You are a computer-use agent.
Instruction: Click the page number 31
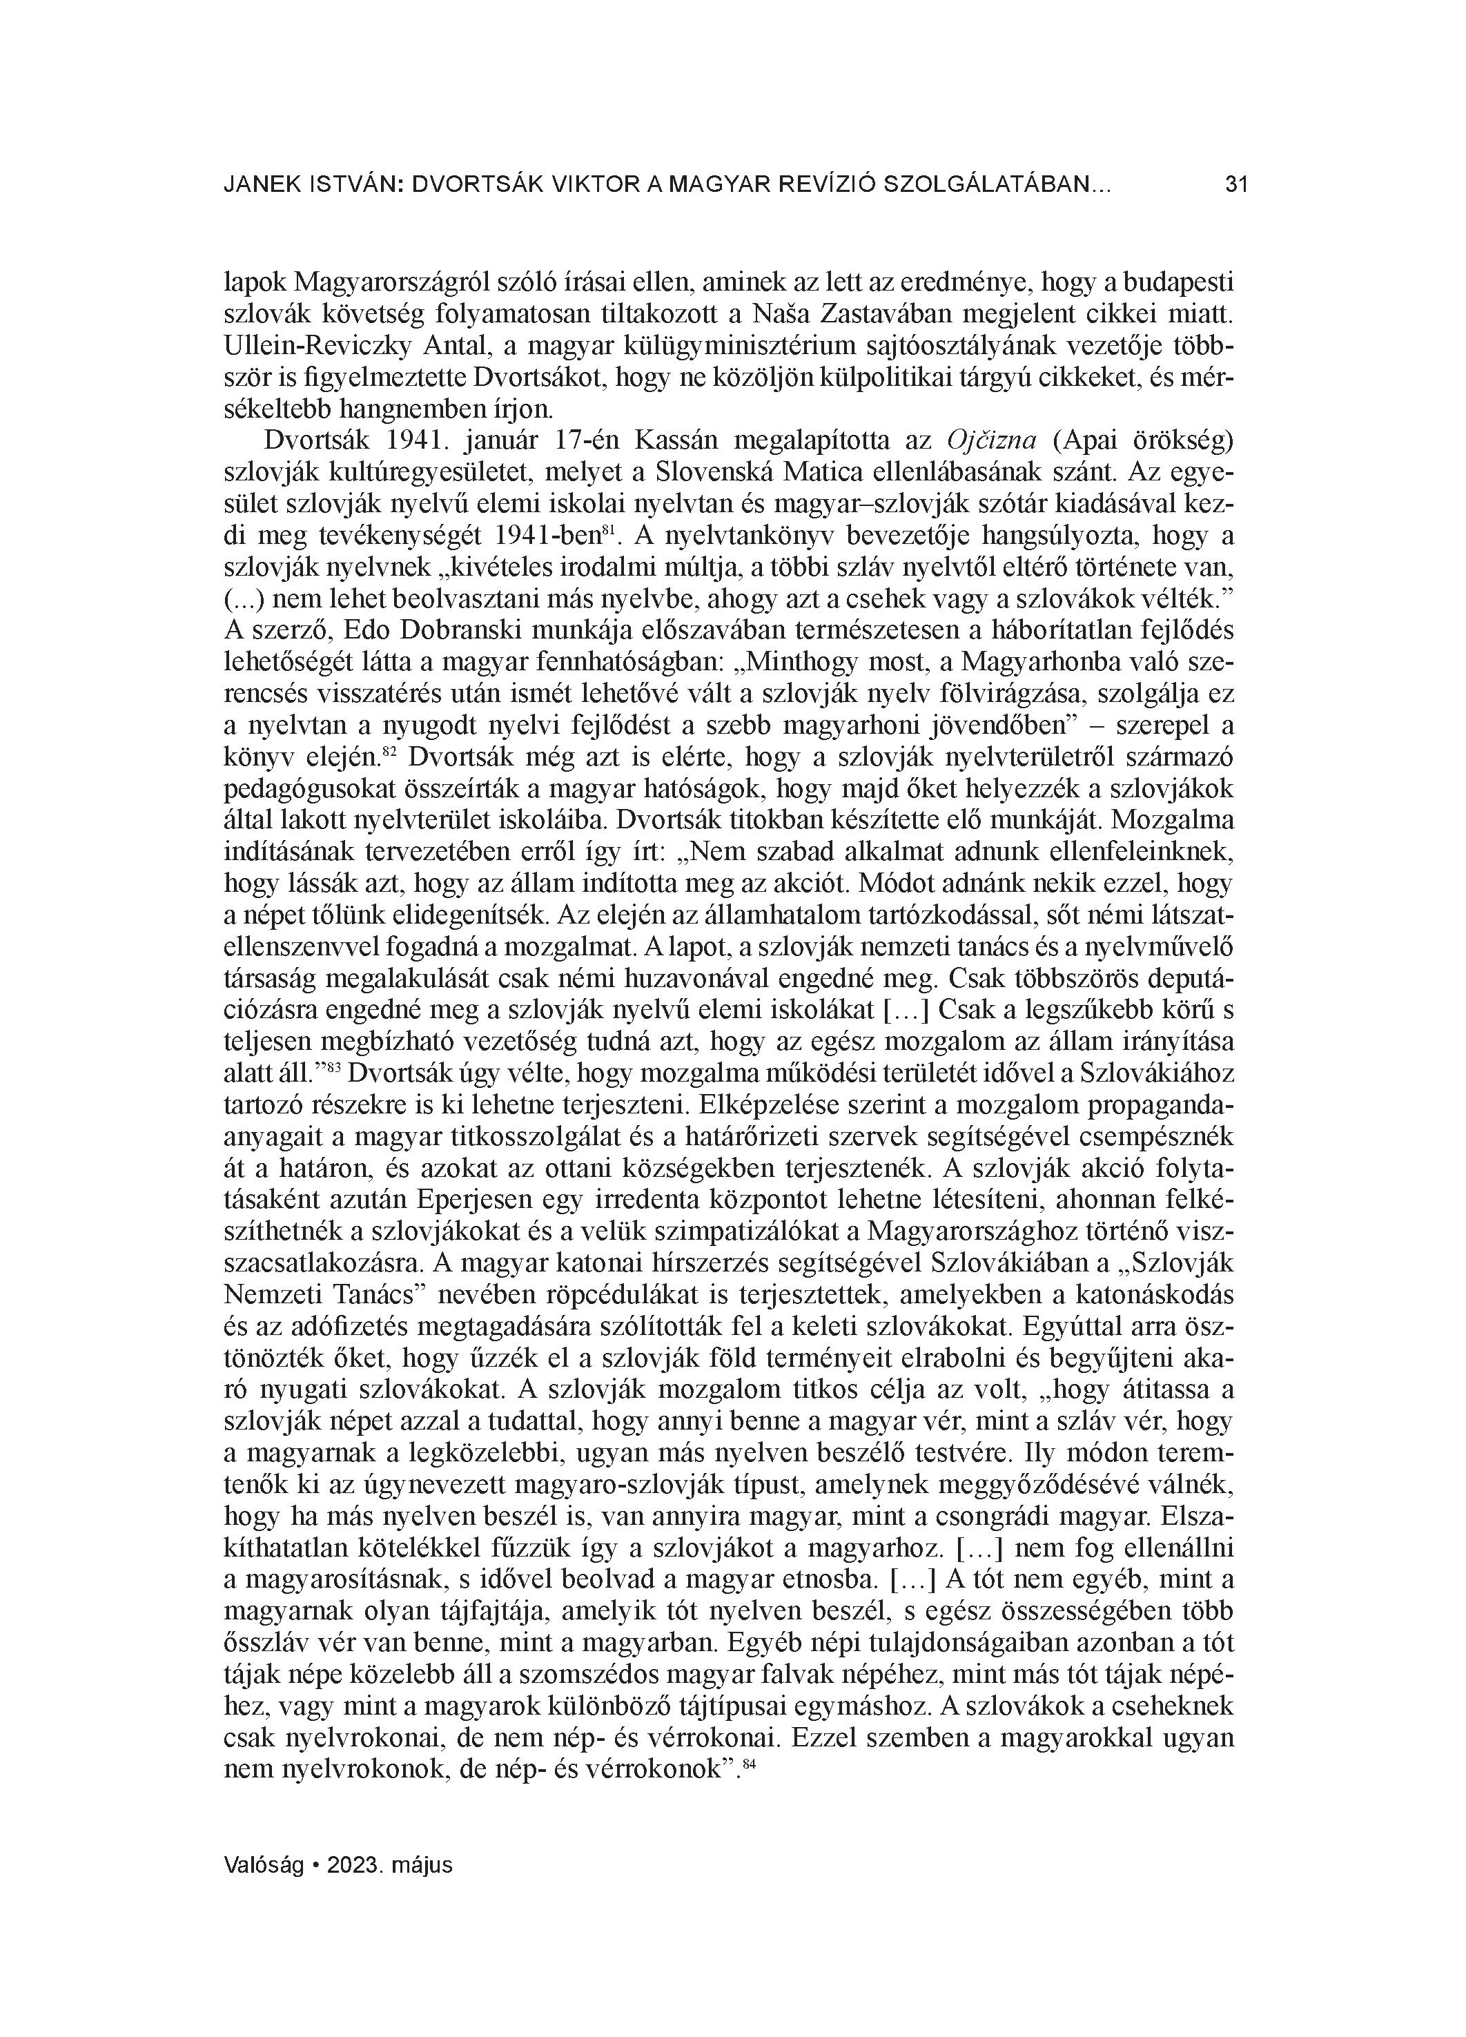coord(1237,186)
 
